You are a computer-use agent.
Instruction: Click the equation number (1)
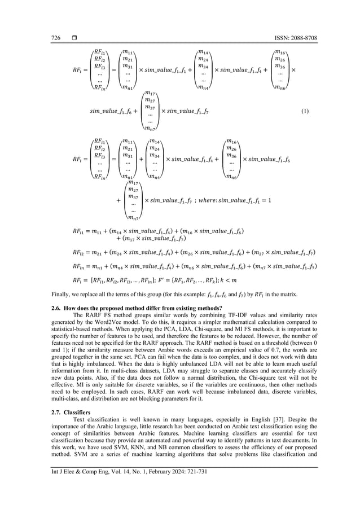tap(305, 110)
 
